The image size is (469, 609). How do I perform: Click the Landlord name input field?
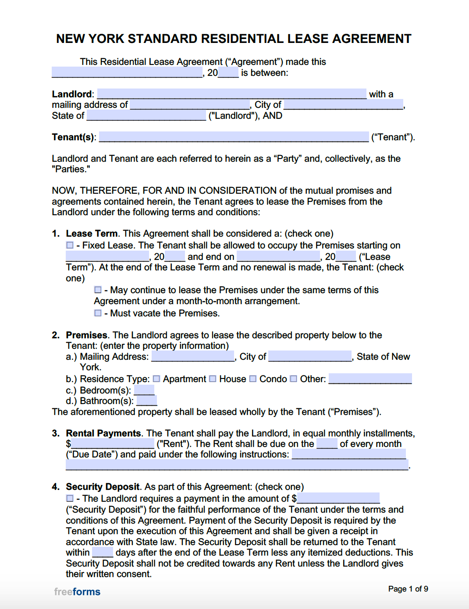pyautogui.click(x=231, y=94)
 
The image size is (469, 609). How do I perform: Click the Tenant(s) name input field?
pyautogui.click(x=234, y=137)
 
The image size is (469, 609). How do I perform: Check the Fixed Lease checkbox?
pyautogui.click(x=70, y=245)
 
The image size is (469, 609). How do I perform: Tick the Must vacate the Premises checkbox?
pyautogui.click(x=98, y=313)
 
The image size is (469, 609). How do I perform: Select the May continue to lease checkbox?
pyautogui.click(x=98, y=290)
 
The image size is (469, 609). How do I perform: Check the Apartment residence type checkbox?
pyautogui.click(x=156, y=379)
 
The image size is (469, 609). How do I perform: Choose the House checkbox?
pyautogui.click(x=213, y=379)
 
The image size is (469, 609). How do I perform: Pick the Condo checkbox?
pyautogui.click(x=253, y=379)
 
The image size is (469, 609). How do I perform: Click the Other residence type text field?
pyautogui.click(x=370, y=379)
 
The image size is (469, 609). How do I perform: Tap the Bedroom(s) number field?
pyautogui.click(x=144, y=390)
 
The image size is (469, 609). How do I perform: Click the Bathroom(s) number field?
pyautogui.click(x=147, y=400)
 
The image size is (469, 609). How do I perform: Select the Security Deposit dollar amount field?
pyautogui.click(x=338, y=498)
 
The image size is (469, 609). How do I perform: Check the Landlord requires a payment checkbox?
pyautogui.click(x=70, y=499)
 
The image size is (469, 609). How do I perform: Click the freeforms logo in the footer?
pyautogui.click(x=77, y=592)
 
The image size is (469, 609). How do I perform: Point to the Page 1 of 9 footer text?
pyautogui.click(x=408, y=589)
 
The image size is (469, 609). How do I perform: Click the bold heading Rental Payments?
pyautogui.click(x=103, y=433)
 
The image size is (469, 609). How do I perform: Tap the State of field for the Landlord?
pyautogui.click(x=146, y=116)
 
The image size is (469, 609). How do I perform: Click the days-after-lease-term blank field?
pyautogui.click(x=103, y=552)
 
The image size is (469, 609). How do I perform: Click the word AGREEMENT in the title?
pyautogui.click(x=372, y=39)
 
